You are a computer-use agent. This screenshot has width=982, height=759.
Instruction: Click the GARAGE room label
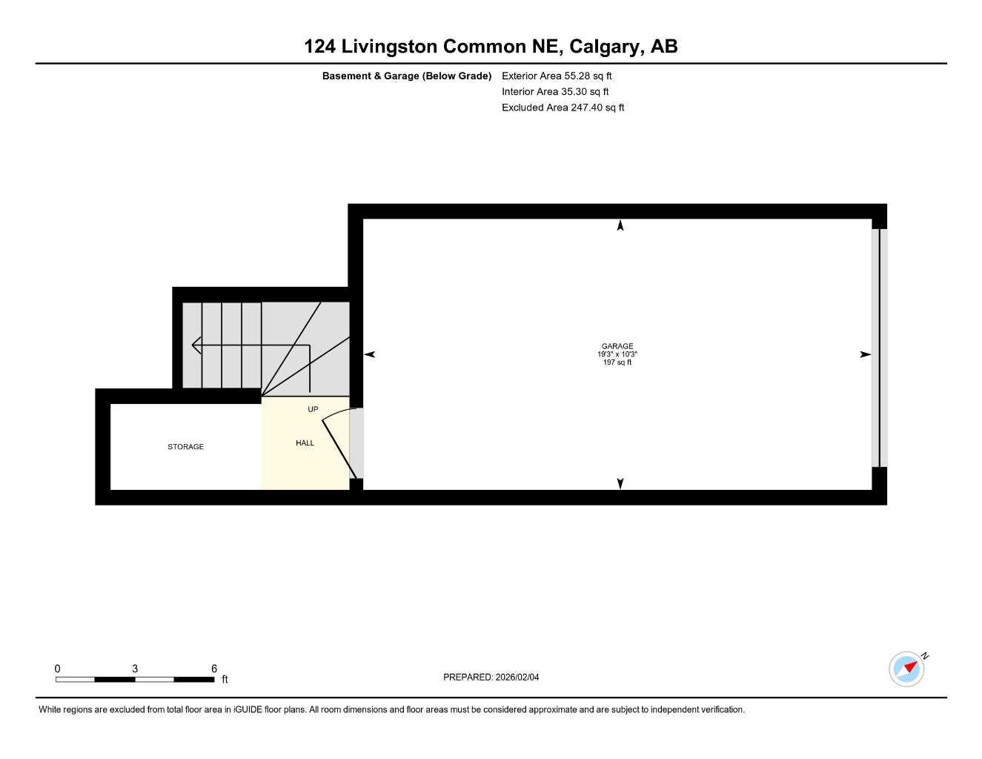click(x=617, y=346)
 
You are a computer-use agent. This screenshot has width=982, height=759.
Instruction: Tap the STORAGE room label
click(x=185, y=447)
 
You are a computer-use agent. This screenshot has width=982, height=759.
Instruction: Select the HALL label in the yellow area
click(x=305, y=443)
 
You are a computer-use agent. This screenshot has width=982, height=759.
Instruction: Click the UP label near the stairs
click(x=313, y=409)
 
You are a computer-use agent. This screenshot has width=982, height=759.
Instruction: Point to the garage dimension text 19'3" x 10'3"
click(x=617, y=354)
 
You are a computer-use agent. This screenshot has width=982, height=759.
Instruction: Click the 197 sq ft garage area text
click(x=617, y=362)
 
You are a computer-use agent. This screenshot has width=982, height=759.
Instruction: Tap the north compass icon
click(x=907, y=669)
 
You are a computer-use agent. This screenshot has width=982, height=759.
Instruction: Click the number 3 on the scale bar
click(x=135, y=669)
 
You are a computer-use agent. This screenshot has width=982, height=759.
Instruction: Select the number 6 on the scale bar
click(x=214, y=669)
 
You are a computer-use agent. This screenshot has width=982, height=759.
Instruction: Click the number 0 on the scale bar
click(x=58, y=669)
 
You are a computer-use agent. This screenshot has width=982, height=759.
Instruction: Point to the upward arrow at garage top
click(x=620, y=225)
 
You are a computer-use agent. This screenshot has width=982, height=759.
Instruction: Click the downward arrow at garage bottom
click(x=620, y=483)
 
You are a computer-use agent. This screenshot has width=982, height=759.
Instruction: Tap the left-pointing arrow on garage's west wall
click(x=369, y=355)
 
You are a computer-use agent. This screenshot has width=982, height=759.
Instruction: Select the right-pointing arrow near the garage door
click(x=865, y=355)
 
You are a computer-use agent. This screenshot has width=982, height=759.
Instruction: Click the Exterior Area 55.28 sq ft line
click(x=557, y=76)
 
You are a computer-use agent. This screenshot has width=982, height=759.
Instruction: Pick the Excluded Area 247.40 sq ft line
click(x=563, y=107)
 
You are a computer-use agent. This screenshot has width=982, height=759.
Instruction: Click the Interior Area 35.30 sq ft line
click(x=555, y=92)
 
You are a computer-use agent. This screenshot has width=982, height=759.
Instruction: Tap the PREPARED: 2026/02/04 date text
click(x=491, y=677)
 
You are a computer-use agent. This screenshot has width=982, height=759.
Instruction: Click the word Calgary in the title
click(x=606, y=47)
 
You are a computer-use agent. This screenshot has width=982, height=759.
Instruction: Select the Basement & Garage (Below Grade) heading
click(x=406, y=76)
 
